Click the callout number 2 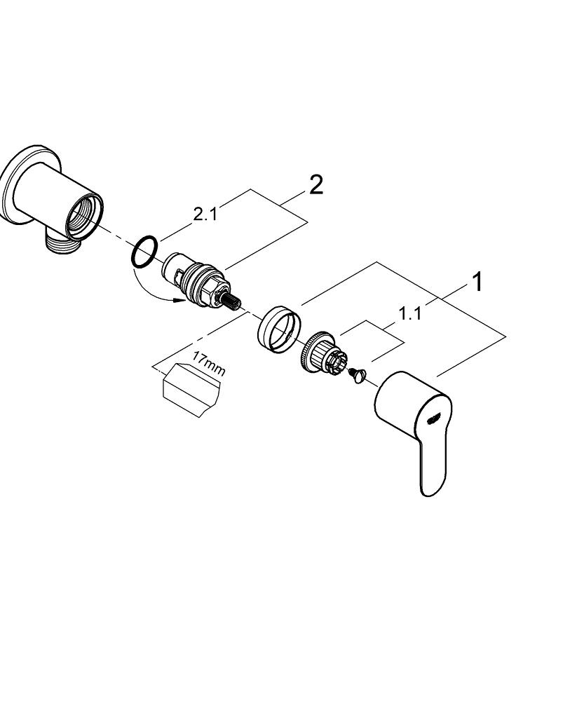point(316,185)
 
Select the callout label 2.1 point(205,215)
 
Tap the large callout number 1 point(477,283)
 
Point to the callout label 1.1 point(410,314)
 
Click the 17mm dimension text point(208,365)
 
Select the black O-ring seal point(144,252)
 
